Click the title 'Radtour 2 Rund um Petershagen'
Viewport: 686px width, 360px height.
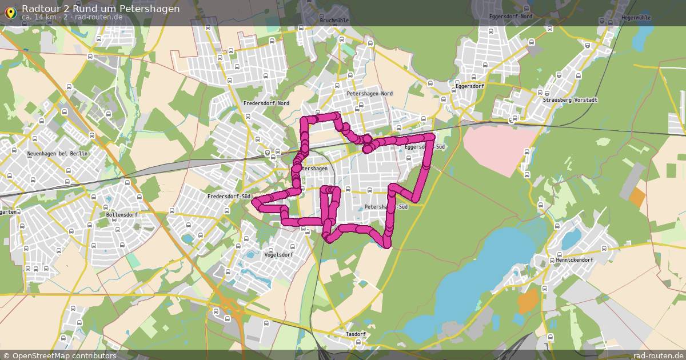(x=100, y=9)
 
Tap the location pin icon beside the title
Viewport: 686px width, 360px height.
(x=10, y=12)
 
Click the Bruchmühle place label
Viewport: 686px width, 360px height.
(x=335, y=21)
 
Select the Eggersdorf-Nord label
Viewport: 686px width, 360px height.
(x=510, y=17)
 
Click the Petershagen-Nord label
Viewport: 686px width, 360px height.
(x=369, y=94)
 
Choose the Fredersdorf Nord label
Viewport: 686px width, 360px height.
(x=266, y=103)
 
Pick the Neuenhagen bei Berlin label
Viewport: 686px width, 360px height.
(x=57, y=154)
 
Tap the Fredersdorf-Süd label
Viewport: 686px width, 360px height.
(x=230, y=197)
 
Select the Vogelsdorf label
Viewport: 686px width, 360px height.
(x=278, y=255)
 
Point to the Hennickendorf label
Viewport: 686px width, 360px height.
(x=575, y=260)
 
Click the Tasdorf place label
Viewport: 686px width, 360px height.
(x=356, y=334)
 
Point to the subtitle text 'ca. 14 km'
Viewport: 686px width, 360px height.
(x=39, y=17)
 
